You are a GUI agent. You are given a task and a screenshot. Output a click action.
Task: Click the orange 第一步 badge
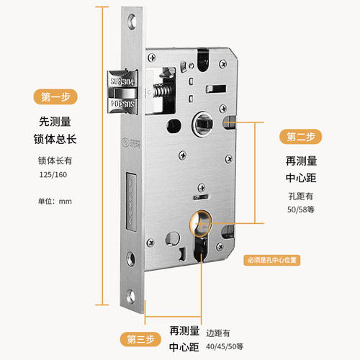click(x=55, y=96)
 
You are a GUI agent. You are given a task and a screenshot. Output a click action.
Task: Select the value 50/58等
click(x=301, y=210)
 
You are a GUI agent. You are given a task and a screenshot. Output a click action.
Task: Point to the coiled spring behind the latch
click(x=159, y=94)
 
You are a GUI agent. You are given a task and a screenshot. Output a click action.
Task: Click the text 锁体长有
click(x=53, y=161)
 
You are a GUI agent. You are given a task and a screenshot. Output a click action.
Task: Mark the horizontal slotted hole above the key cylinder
click(x=199, y=194)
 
